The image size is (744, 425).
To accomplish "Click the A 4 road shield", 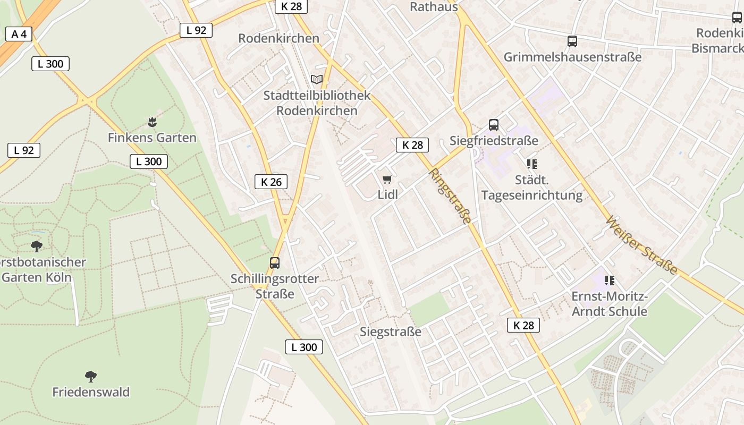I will point(19,35).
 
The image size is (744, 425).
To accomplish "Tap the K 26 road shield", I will point(271,182).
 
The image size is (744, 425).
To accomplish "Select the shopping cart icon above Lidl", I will point(387,180).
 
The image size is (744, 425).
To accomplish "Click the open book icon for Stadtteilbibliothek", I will point(317,80).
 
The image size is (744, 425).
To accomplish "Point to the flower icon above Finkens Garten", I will point(152,122).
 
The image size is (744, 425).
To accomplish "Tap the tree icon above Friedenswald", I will point(91,376).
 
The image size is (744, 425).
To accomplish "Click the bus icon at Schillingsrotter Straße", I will point(275,262).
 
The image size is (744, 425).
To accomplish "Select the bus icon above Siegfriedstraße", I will point(494,125).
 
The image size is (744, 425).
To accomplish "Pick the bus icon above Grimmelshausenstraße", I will point(572,41).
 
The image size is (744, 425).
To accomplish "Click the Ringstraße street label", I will point(450,196).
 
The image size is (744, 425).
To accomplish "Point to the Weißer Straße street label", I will point(642,245).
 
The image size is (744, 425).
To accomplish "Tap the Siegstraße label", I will point(391,332).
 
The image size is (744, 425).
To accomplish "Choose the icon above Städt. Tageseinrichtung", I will point(531,164).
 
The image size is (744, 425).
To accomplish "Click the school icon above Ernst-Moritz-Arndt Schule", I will point(609,280).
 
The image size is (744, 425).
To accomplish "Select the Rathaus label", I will point(434,7).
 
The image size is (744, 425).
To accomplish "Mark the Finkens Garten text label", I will point(152,138).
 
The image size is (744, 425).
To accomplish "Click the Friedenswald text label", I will point(91,392).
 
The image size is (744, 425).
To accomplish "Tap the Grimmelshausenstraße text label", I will point(572,57).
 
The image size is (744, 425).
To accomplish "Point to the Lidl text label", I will point(387,194).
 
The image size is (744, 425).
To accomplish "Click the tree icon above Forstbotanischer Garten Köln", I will point(37,246).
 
